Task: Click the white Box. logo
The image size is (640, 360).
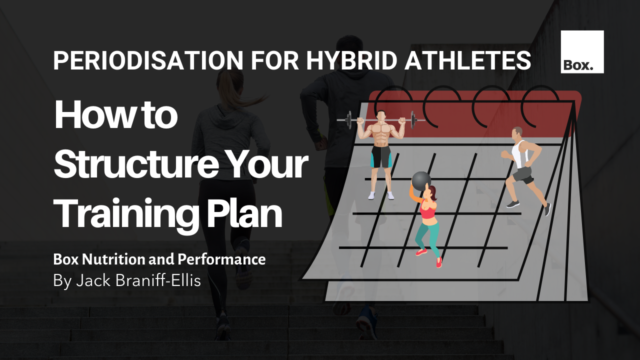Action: coord(582,52)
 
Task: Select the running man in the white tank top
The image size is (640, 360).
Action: coord(522,165)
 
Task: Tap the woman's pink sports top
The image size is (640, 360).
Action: coord(427,211)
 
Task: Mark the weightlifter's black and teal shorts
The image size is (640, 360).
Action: coord(381,156)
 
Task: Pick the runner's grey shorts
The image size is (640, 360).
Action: coord(523,174)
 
